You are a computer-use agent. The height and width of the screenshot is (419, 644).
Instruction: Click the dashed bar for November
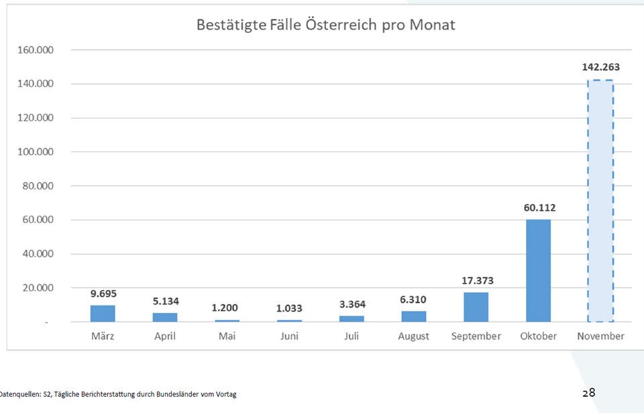600,201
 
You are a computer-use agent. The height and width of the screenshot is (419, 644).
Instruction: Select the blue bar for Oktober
538,271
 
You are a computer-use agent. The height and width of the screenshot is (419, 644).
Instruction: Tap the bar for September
476,307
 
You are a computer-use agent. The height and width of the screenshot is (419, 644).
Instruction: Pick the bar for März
103,314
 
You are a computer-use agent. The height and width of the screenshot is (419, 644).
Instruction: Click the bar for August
413,316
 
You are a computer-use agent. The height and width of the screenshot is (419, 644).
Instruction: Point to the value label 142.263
600,67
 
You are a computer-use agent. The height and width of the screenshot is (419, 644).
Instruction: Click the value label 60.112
539,207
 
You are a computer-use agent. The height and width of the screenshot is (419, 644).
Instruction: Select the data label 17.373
477,281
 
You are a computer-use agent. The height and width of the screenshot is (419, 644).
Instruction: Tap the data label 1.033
289,308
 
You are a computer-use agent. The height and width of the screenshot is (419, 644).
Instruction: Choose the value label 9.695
103,293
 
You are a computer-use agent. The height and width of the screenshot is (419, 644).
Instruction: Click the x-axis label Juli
351,336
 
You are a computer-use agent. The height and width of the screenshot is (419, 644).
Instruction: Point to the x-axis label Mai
227,336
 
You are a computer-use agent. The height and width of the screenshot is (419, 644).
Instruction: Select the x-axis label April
164,336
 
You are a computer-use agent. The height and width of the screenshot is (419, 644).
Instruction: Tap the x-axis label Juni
289,336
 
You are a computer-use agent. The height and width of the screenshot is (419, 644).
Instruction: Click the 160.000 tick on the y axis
35,50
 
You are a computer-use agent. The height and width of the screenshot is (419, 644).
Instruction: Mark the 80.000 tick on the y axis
38,186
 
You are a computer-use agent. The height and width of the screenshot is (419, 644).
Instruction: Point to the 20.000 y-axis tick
38,288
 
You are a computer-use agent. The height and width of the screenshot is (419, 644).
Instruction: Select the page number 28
588,393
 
